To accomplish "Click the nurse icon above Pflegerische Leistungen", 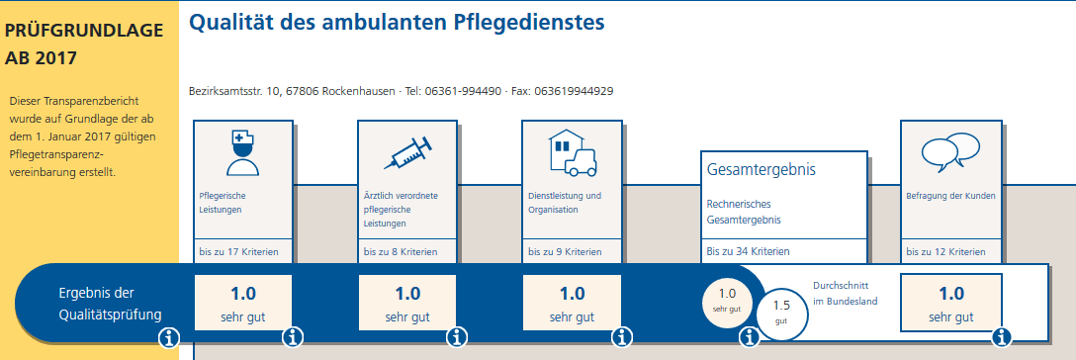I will click(242, 152).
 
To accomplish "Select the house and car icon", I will click(571, 152).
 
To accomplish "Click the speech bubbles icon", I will click(949, 150).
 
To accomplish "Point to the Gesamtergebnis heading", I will click(762, 170).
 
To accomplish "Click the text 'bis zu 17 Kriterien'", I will click(238, 252).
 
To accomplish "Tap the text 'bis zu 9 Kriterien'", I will click(566, 252).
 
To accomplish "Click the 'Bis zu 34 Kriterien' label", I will click(748, 252).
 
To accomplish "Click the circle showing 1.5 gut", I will click(781, 312).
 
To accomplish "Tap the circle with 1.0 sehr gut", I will click(727, 299).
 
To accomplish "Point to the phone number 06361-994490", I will click(464, 91).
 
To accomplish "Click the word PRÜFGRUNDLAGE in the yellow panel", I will click(84, 32).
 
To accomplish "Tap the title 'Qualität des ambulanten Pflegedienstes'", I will click(396, 22).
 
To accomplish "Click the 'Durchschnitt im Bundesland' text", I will click(846, 293).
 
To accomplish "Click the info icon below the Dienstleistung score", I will click(621, 338).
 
